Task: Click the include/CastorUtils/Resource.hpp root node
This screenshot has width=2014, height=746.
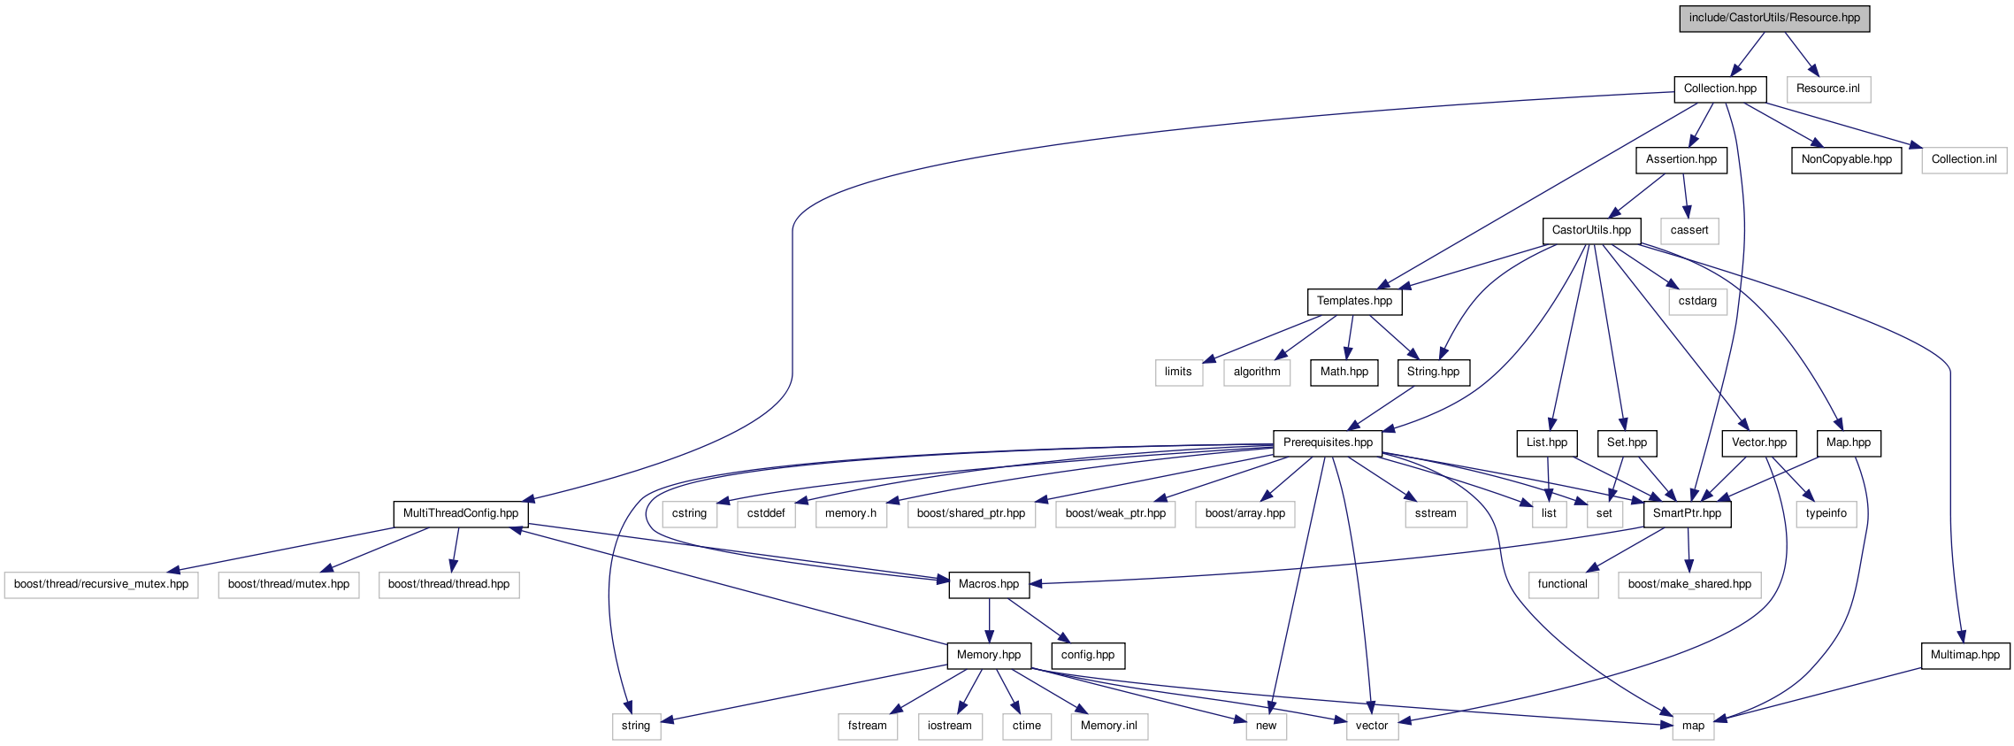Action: (1773, 18)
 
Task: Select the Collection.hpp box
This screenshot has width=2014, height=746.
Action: (1719, 88)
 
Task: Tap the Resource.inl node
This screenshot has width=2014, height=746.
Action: (1827, 88)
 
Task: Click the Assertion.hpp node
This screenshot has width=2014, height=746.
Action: (1681, 159)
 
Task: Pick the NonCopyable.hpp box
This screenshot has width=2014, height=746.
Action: (1846, 159)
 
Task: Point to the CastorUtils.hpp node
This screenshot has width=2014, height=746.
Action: (1591, 230)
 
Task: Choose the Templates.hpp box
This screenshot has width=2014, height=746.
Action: (1354, 301)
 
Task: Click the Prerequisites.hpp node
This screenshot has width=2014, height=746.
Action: (1328, 442)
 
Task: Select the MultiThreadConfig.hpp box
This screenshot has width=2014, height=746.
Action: (460, 513)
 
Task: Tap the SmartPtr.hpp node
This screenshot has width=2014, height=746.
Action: (1687, 513)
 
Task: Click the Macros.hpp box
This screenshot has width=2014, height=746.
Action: (988, 584)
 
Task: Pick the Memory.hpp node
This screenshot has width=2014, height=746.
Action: (988, 655)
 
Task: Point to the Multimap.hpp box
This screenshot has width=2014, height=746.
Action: (1964, 655)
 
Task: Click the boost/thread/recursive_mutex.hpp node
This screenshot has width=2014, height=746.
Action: (101, 584)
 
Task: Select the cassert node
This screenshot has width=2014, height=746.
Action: (1689, 230)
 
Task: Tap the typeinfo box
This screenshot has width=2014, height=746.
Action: (1826, 513)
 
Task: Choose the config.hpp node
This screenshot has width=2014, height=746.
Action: (1087, 655)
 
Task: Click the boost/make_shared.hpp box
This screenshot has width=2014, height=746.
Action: (1689, 584)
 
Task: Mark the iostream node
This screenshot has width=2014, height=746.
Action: (949, 726)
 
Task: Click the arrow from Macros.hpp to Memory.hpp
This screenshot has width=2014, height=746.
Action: (989, 620)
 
